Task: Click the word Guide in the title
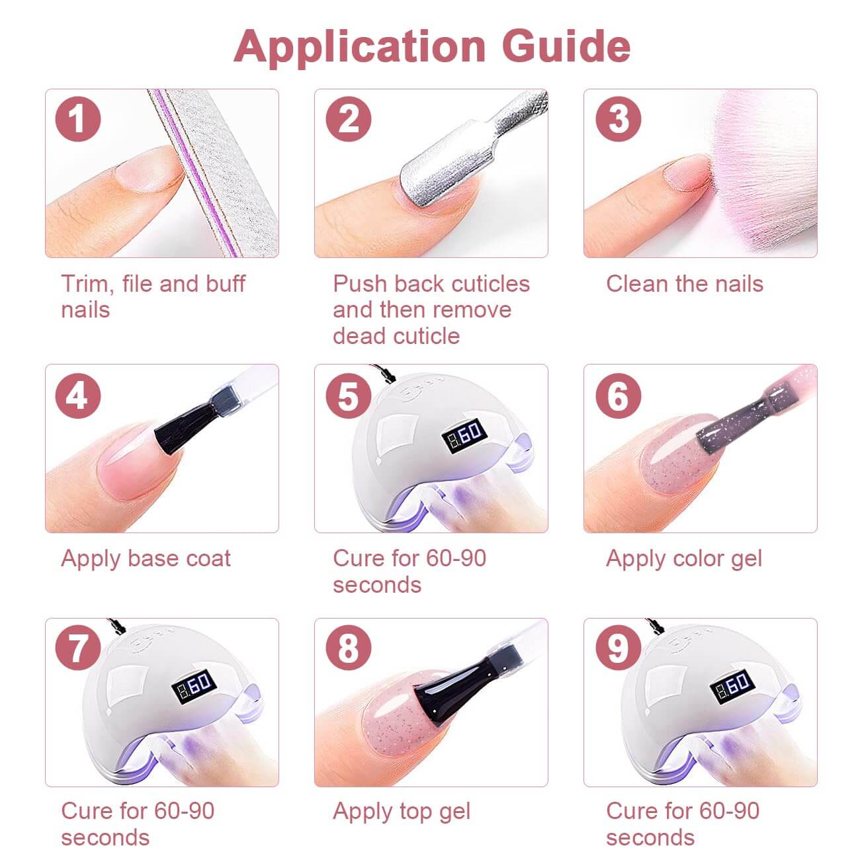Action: [566, 46]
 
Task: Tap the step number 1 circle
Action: [77, 119]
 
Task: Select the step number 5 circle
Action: [348, 396]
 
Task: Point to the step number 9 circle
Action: [619, 648]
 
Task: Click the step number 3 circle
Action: [619, 119]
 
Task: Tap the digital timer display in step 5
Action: [464, 433]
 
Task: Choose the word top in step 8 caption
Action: [409, 812]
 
